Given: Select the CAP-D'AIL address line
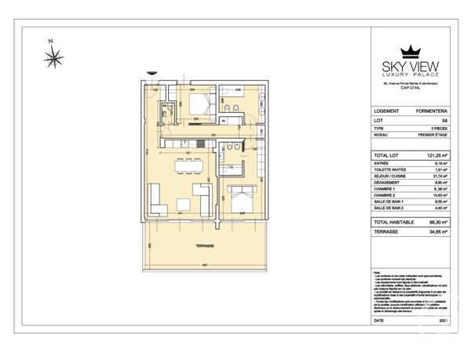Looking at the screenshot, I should pos(408,89).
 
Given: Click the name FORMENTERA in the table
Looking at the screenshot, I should pos(430,111).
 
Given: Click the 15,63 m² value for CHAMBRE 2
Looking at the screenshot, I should pos(436,195).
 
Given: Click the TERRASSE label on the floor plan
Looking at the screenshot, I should pos(206,245).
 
